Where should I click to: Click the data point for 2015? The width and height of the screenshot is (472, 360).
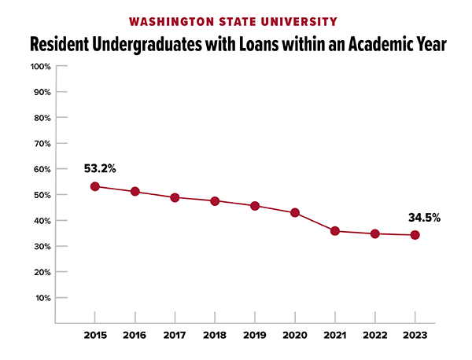[x=95, y=186]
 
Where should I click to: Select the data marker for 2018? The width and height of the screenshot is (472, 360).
[x=215, y=200]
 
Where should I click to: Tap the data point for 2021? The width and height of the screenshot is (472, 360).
[x=335, y=231]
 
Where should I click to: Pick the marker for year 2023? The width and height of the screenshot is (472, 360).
[x=415, y=235]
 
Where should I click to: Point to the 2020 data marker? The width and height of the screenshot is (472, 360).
[x=295, y=212]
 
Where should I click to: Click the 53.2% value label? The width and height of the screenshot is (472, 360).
[x=100, y=168]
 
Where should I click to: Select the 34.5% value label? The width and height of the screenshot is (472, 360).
[x=423, y=217]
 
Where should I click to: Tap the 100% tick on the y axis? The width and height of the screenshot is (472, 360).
[x=40, y=66]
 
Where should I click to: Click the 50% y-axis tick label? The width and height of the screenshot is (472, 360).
[x=42, y=195]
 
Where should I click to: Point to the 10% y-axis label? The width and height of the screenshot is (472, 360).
[x=42, y=298]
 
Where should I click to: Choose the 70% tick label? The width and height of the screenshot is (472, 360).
[x=42, y=143]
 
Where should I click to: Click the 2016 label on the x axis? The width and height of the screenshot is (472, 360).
[x=135, y=336]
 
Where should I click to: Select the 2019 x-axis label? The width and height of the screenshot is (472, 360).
[x=255, y=336]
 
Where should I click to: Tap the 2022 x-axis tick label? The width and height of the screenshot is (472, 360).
[x=375, y=336]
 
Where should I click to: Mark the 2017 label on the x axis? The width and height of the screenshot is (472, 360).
[x=175, y=336]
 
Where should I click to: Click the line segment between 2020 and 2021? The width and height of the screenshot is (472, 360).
[x=315, y=222]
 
